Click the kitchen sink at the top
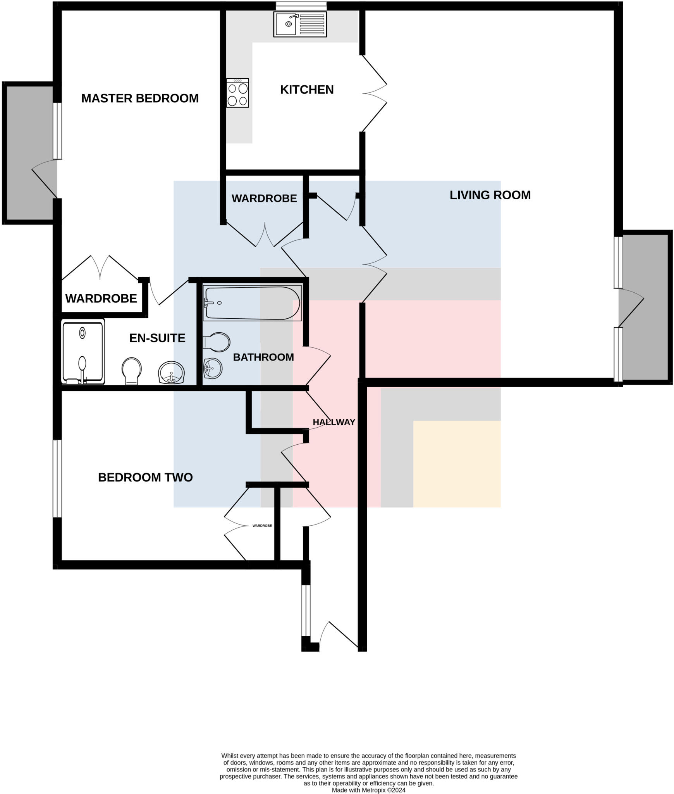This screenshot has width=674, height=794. (x=300, y=24)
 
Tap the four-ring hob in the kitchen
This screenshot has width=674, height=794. (x=237, y=93)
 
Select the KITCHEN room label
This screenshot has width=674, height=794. (x=307, y=90)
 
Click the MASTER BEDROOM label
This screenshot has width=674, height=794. (x=140, y=98)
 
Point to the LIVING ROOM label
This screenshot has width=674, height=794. (x=490, y=195)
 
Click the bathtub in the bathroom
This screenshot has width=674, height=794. (x=252, y=303)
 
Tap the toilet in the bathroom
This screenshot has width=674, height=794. (x=216, y=342)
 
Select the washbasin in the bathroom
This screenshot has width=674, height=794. (x=212, y=368)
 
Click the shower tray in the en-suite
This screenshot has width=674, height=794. (x=83, y=352)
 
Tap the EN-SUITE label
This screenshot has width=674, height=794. (x=157, y=338)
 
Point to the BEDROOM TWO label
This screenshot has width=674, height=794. (x=145, y=477)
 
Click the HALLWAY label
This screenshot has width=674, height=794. (x=334, y=422)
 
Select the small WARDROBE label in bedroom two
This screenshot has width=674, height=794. (x=262, y=526)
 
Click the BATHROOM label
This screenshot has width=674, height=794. (x=263, y=357)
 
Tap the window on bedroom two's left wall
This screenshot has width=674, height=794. (x=57, y=478)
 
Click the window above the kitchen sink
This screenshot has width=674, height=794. (x=301, y=6)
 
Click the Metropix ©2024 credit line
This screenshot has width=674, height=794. (x=368, y=790)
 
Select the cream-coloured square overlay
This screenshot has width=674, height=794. (x=457, y=464)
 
